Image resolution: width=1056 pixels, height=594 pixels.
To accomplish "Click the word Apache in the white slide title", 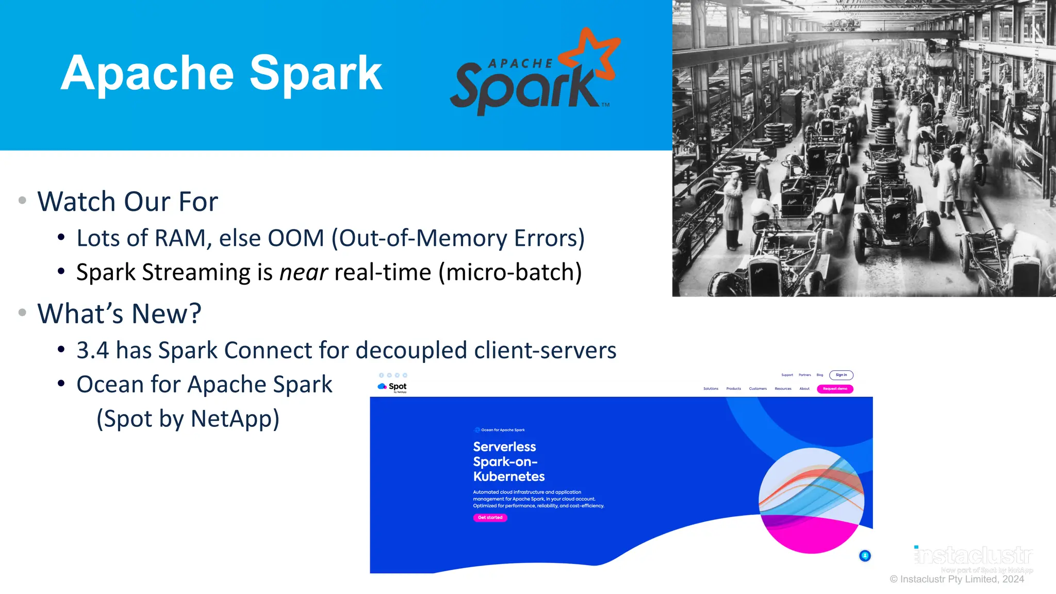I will tap(147, 74).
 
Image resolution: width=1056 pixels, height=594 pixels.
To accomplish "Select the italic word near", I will tap(303, 272).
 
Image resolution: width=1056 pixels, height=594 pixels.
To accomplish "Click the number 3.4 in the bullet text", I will tap(93, 351).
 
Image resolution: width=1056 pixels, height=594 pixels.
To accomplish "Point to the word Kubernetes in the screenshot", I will tap(509, 476).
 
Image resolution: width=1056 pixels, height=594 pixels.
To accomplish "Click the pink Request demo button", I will tap(835, 389).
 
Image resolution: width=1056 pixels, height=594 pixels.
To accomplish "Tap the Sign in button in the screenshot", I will tap(841, 375).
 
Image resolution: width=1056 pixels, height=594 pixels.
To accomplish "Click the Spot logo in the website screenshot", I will tap(392, 387).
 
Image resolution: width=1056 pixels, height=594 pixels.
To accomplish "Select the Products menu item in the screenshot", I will tap(733, 389).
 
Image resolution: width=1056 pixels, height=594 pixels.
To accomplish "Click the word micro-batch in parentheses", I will tap(510, 272).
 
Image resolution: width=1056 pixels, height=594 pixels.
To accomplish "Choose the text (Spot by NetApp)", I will tap(188, 419).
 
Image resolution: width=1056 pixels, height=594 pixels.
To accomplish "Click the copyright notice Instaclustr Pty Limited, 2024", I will tap(957, 580).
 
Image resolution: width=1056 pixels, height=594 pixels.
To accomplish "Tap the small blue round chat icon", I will tap(865, 556).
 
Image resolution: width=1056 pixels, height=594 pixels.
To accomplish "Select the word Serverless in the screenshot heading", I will tap(504, 447).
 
